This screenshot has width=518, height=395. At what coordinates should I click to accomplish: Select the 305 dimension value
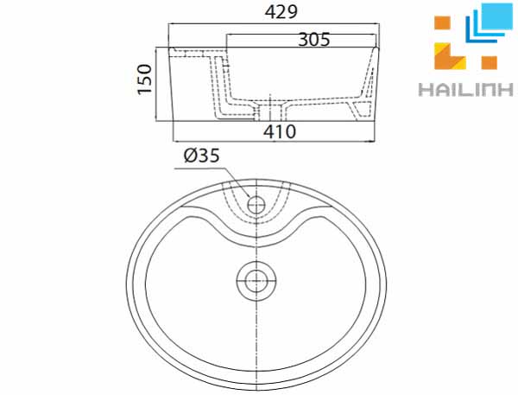tap(313, 39)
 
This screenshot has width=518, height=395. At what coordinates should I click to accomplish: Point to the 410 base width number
tap(280, 131)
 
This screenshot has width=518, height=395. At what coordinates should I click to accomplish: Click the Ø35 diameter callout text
tap(200, 156)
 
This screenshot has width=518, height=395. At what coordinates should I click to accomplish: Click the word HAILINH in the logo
tap(458, 89)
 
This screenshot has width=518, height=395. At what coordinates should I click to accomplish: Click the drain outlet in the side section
tap(275, 111)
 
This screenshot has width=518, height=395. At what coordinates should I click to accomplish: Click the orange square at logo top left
tap(442, 23)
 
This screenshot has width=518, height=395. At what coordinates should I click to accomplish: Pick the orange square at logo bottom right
tap(490, 61)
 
